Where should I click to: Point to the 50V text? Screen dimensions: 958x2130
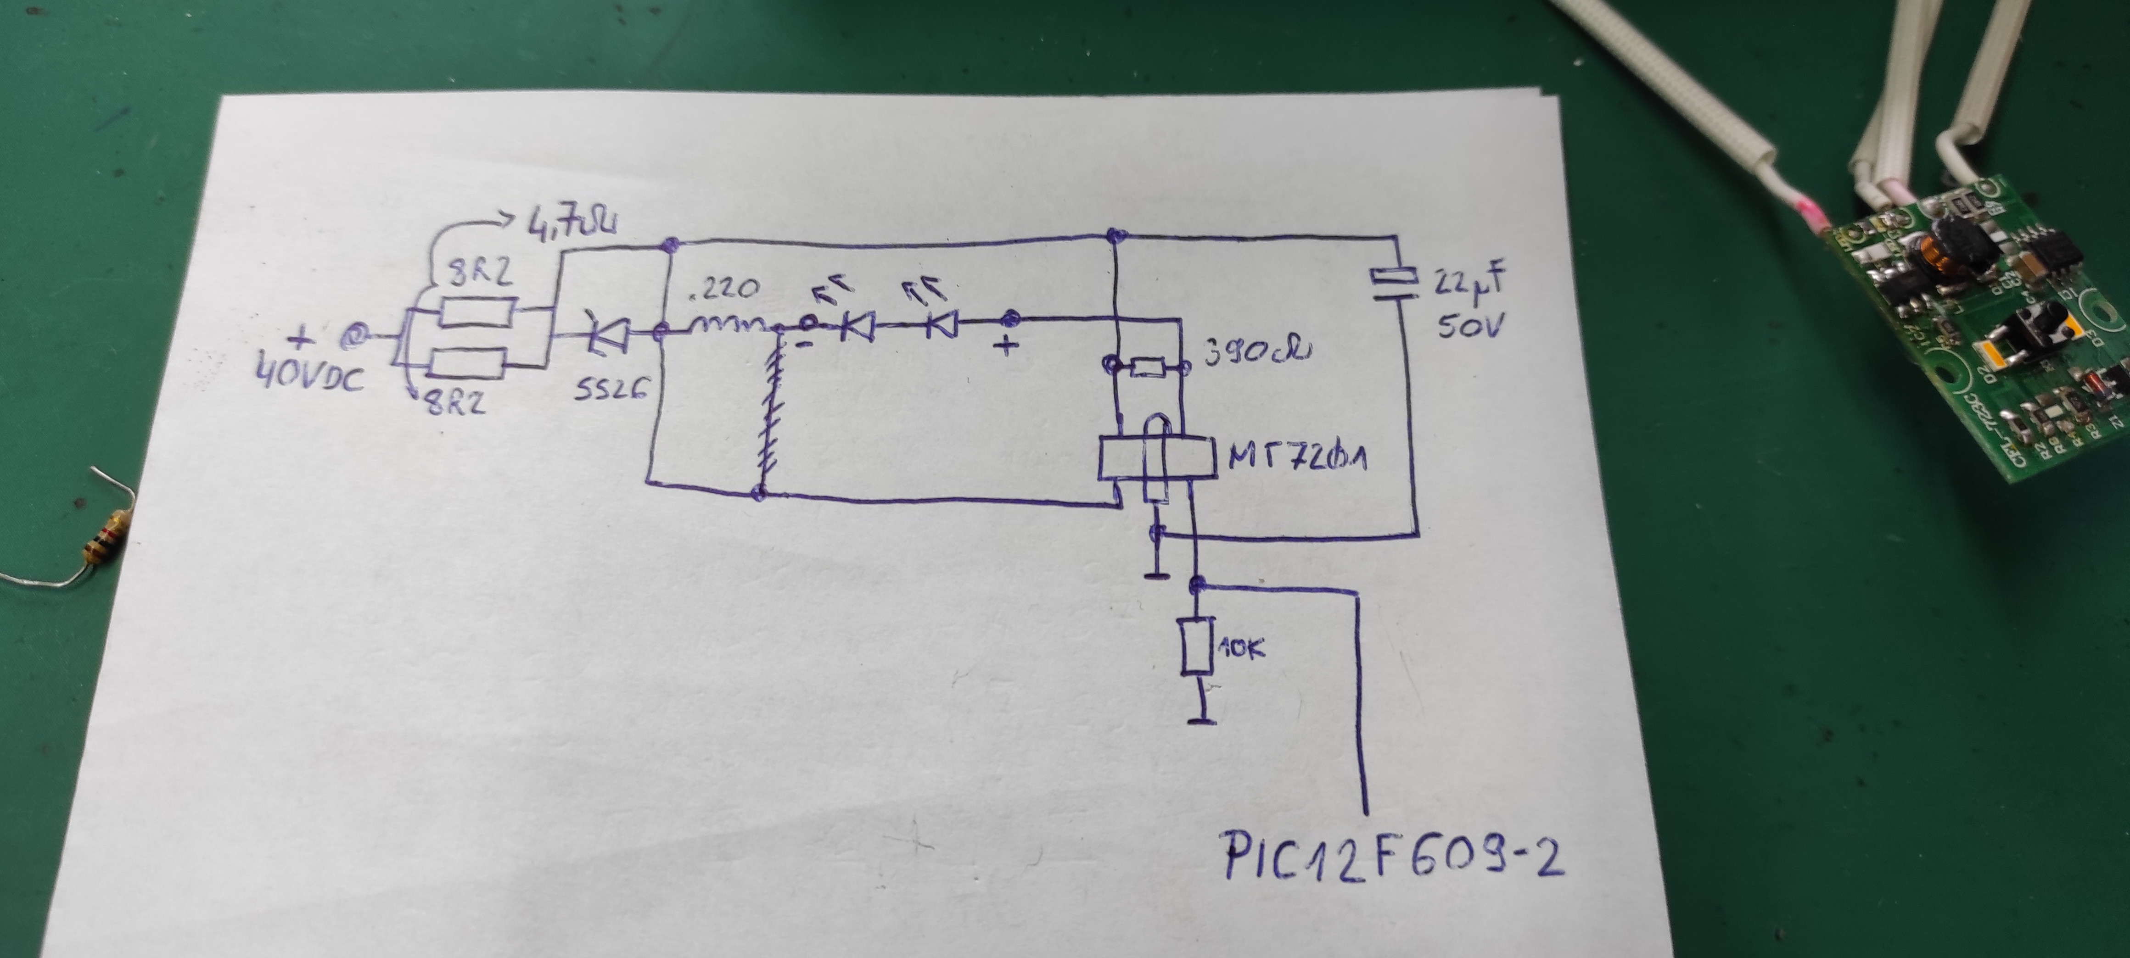(x=1470, y=327)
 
